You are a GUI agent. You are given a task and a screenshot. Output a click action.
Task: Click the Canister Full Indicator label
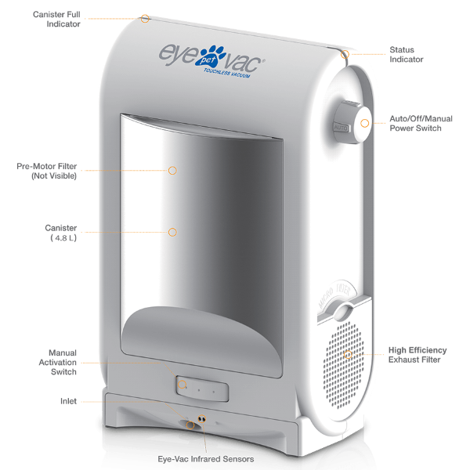pos(56,19)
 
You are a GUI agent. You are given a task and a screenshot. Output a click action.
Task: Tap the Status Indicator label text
pos(406,55)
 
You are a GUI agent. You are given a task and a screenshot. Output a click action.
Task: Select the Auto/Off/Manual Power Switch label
pos(421,123)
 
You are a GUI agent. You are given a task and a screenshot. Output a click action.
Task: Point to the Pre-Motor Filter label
pos(47,171)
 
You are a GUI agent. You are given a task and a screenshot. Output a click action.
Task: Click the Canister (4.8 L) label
pos(61,233)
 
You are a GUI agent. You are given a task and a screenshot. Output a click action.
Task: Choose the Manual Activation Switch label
pos(57,362)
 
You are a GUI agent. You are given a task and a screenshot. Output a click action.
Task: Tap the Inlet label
pos(68,401)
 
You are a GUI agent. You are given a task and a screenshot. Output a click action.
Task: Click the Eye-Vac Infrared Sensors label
pos(205,459)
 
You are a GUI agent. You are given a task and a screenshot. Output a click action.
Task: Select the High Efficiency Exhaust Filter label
pos(418,355)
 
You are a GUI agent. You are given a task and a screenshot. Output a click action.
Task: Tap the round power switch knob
pos(353,122)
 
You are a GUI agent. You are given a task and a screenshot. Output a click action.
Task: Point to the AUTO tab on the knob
pos(341,128)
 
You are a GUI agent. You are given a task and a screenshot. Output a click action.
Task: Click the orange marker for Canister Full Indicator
pos(145,19)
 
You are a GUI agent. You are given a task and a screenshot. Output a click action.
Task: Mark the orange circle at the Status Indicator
pos(345,54)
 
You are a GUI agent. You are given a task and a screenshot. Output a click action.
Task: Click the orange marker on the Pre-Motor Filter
pos(172,171)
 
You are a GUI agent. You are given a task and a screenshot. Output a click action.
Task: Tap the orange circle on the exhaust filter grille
pos(348,355)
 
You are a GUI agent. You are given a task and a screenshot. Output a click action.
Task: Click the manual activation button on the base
pos(202,389)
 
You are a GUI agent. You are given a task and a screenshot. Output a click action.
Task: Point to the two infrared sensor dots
pos(202,418)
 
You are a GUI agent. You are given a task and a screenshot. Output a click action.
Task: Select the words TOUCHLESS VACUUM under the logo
pos(227,73)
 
